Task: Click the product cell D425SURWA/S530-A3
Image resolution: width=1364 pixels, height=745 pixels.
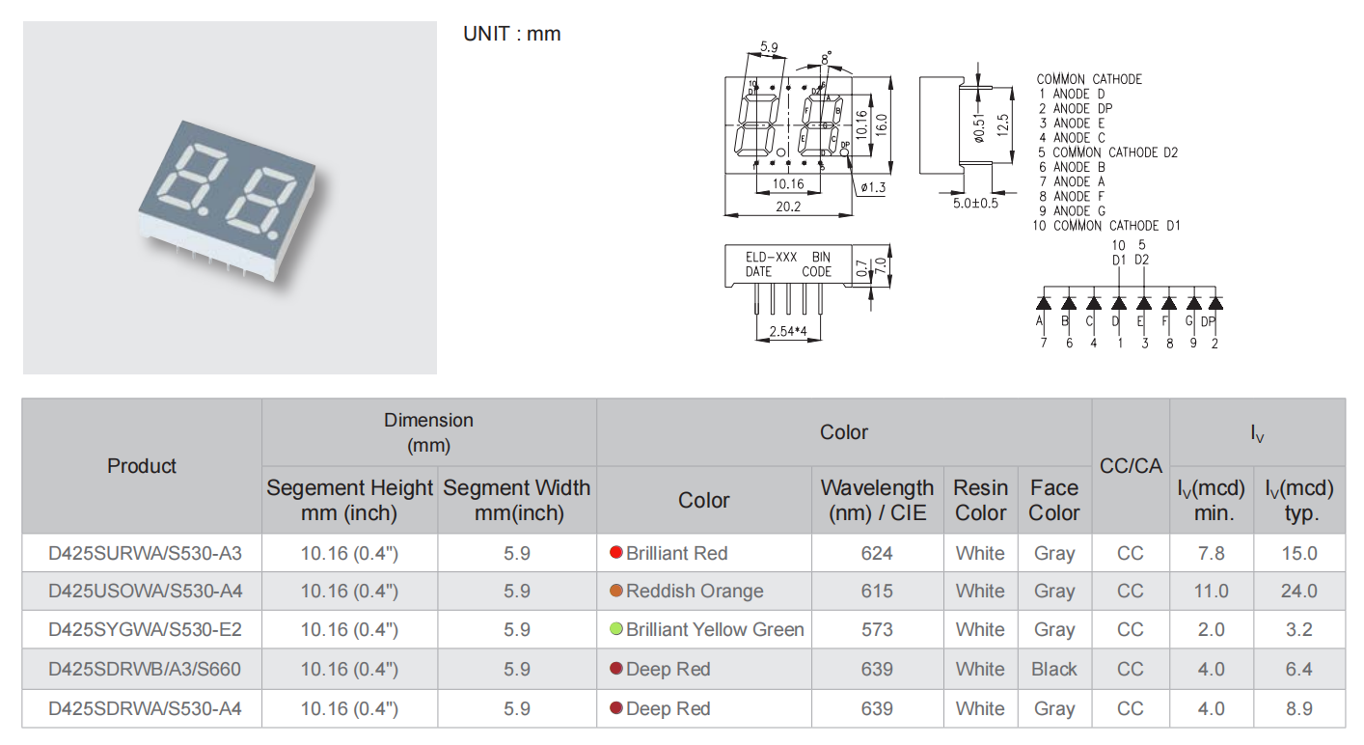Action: click(144, 553)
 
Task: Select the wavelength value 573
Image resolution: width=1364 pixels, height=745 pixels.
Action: click(877, 629)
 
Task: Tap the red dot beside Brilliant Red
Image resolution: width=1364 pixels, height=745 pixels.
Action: click(615, 553)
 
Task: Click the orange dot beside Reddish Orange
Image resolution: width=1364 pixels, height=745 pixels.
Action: click(615, 591)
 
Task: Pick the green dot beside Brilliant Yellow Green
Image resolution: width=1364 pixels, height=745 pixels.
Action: click(615, 629)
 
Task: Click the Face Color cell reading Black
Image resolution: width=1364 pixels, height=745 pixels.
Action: click(1053, 669)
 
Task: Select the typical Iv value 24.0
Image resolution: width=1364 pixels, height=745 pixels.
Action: click(1298, 591)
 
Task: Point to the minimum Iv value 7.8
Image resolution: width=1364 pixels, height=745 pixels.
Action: click(1211, 553)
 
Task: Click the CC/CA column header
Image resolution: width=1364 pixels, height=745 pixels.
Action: click(1131, 465)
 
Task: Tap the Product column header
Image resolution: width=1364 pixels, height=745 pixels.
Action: click(142, 465)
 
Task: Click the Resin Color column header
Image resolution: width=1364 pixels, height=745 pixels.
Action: click(980, 500)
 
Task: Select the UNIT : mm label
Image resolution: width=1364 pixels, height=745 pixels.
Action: click(511, 34)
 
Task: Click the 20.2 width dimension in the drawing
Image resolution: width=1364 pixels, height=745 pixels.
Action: click(788, 206)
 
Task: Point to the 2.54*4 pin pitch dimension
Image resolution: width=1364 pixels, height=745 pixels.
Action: click(787, 332)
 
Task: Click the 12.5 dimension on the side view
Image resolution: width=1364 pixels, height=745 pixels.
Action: click(1003, 125)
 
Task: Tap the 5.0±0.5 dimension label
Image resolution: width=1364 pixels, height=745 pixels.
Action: click(975, 203)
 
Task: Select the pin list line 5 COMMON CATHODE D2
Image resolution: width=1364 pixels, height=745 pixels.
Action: click(1107, 152)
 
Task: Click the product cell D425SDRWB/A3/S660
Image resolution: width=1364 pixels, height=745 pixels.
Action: click(144, 669)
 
